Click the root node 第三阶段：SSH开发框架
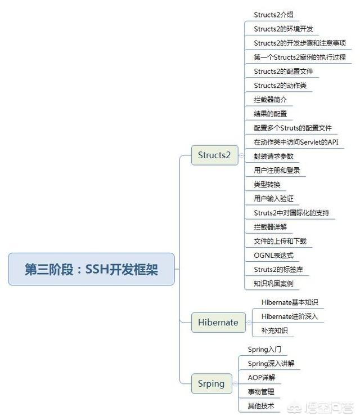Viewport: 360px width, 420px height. (x=91, y=269)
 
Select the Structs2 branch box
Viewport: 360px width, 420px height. (x=215, y=155)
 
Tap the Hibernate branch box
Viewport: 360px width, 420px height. (x=218, y=322)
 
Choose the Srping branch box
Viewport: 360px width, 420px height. (x=211, y=383)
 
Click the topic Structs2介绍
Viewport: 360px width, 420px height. (x=273, y=15)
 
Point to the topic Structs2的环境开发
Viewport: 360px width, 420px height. (x=283, y=29)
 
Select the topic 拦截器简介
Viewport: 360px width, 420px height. (x=271, y=100)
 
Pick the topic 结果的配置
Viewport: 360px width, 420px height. (x=271, y=114)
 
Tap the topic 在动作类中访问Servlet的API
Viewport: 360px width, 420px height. (x=296, y=142)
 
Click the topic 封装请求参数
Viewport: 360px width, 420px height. (x=273, y=156)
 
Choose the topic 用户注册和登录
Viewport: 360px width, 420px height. (x=277, y=171)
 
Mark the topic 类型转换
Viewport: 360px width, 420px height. (x=267, y=185)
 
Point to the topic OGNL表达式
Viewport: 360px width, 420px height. (x=273, y=255)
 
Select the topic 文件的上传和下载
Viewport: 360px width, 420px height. (x=280, y=241)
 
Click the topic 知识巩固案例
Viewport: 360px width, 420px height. (x=273, y=284)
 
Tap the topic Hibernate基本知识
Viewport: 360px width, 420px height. (x=290, y=302)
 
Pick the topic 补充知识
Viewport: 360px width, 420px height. (x=274, y=330)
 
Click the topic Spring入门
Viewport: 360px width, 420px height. (x=264, y=349)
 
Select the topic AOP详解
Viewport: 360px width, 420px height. (x=262, y=377)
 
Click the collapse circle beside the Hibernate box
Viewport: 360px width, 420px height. (x=249, y=323)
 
